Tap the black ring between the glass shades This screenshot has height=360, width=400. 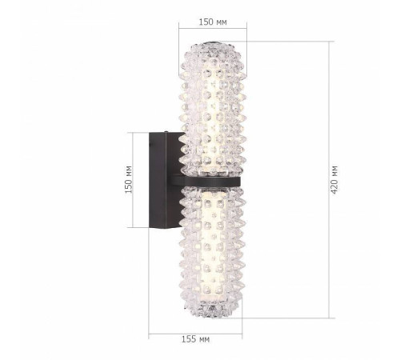point(213,182)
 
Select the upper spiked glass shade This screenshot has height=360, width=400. point(212,104)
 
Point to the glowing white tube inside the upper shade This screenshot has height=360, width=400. point(212,104)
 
